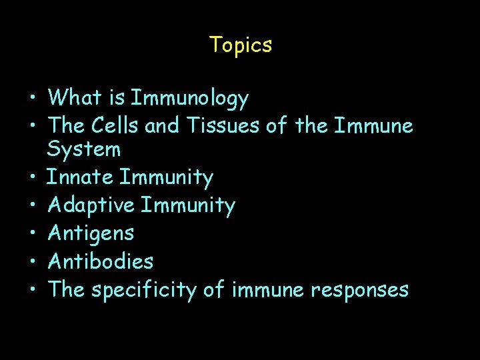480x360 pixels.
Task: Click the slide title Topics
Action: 240,45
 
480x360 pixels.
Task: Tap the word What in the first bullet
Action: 75,99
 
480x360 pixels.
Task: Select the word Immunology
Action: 190,99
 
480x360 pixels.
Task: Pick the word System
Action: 84,150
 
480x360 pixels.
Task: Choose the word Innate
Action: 80,177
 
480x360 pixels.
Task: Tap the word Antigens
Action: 91,234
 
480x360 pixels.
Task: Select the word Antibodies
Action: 101,261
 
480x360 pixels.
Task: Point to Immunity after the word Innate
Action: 167,177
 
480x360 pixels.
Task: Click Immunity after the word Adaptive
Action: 188,206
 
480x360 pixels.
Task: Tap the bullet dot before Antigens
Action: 32,235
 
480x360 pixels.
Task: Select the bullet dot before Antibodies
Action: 32,263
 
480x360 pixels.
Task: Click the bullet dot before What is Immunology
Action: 32,100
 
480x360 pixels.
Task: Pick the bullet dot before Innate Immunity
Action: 32,179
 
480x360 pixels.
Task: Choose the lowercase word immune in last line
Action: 265,290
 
